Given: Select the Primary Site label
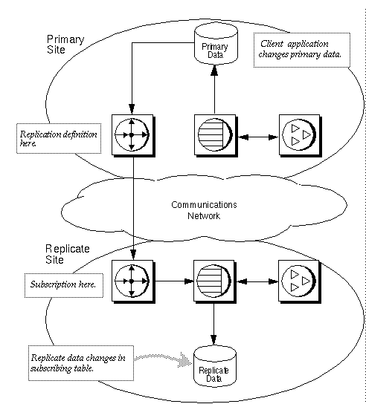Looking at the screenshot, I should [x=65, y=44].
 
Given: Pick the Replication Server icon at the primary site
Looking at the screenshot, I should [x=132, y=135].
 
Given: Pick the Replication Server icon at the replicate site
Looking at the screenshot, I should [x=132, y=281].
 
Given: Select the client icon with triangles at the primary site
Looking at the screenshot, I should [x=297, y=135].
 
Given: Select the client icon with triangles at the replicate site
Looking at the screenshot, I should [x=297, y=281].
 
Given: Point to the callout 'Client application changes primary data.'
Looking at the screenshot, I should [x=301, y=50].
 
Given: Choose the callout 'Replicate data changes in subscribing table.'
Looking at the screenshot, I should [x=77, y=362].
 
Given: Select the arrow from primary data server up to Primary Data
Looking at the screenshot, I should [x=213, y=89].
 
